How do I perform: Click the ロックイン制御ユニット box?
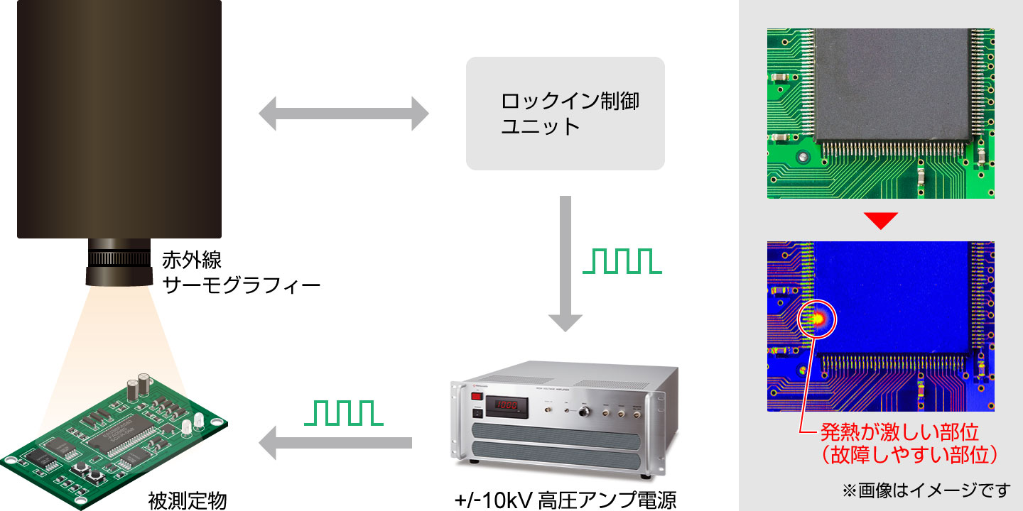[x=565, y=114]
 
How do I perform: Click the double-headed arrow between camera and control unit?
[x=343, y=114]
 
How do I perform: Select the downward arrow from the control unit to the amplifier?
[x=565, y=263]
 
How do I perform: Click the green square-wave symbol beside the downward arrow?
[x=622, y=261]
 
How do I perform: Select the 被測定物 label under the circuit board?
[x=188, y=500]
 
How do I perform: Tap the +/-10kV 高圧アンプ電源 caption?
[x=565, y=500]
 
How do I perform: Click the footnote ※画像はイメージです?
[x=926, y=490]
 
